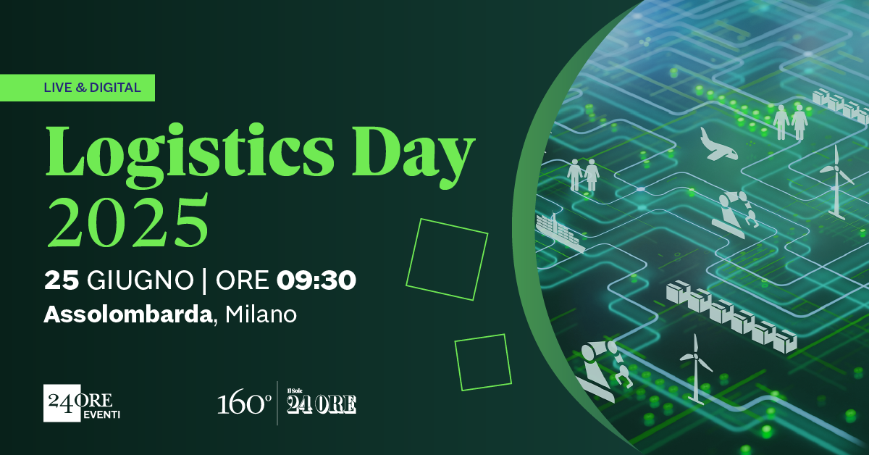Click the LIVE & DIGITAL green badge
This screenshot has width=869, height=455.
click(x=77, y=88)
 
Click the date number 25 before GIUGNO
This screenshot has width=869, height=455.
click(x=62, y=280)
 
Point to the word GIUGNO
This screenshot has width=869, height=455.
click(x=140, y=280)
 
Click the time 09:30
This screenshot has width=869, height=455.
click(x=316, y=280)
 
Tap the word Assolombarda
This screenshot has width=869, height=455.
click(x=127, y=314)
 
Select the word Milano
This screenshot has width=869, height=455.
click(x=261, y=314)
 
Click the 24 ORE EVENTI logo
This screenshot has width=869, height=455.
click(x=81, y=403)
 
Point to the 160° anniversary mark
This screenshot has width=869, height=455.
click(x=244, y=404)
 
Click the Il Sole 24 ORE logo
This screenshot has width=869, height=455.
click(x=322, y=401)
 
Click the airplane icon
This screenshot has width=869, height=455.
click(x=718, y=144)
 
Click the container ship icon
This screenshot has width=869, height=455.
click(x=559, y=233)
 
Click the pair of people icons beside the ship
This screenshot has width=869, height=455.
click(x=583, y=175)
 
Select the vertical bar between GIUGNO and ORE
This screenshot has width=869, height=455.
click(x=204, y=280)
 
